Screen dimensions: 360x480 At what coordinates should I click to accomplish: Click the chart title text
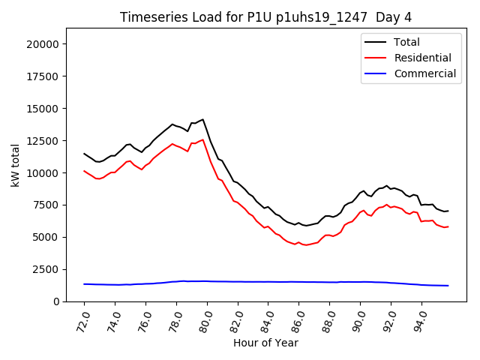[x=266, y=17]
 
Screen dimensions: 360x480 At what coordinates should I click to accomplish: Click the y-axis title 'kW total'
[x=16, y=165]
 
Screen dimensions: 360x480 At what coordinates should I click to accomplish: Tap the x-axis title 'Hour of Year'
[x=265, y=343]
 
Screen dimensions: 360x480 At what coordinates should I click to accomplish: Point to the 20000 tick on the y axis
[x=43, y=44]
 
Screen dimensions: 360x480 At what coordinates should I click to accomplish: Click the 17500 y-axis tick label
[x=43, y=76]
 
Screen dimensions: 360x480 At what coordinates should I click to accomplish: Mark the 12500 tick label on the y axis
[x=43, y=141]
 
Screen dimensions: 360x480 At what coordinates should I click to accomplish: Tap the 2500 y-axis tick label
[x=46, y=269]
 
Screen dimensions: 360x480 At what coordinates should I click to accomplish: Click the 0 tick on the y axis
[x=56, y=301]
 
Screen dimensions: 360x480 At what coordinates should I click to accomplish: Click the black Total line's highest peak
[x=202, y=119]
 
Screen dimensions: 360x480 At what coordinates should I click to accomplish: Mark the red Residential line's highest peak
[x=202, y=139]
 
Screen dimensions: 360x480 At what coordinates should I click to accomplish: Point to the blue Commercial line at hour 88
[x=329, y=282]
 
